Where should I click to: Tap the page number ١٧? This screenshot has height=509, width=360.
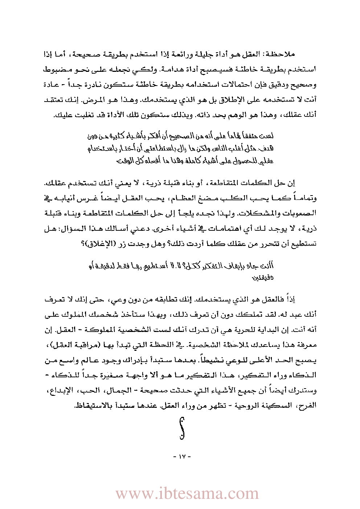pyautogui.click(x=182, y=456)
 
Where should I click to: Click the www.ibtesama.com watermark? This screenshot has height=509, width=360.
pyautogui.click(x=187, y=494)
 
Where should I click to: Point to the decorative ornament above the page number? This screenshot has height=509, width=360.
pyautogui.click(x=182, y=428)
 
